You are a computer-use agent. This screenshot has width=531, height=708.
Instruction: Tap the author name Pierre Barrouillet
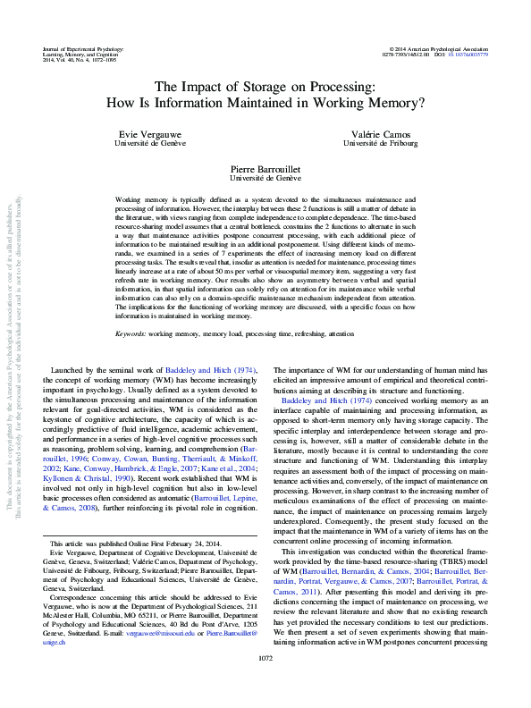tap(265, 167)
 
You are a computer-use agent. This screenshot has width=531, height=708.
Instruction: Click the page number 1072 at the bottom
tap(265, 684)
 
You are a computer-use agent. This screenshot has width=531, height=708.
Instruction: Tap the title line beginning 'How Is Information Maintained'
tap(265, 103)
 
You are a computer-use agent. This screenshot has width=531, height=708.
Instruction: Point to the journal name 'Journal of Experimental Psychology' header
tap(86, 48)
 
